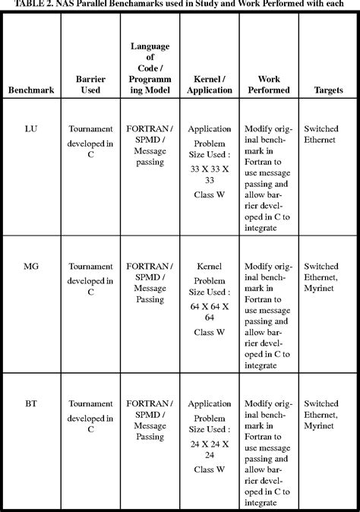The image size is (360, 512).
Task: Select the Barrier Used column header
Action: [90, 84]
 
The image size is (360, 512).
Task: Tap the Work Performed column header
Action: [270, 84]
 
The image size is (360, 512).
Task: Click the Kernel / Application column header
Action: [210, 84]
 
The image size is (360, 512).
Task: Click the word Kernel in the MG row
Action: [209, 267]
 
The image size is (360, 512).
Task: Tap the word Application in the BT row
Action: [209, 404]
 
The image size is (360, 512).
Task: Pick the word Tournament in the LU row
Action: [90, 129]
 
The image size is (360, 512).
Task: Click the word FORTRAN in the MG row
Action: [147, 267]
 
